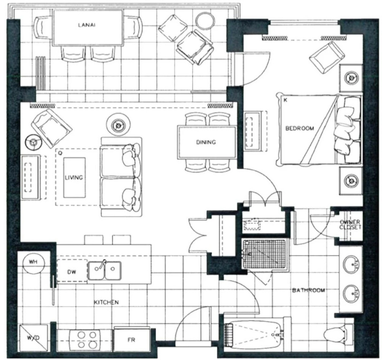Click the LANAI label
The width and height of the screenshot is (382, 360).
pos(87,25)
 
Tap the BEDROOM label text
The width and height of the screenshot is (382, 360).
pos(300,128)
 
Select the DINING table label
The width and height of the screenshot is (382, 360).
pos(206,142)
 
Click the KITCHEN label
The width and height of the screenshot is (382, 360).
pos(107,302)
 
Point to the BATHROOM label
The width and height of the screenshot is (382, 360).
pos(308,290)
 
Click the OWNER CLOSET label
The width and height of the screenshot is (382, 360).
pos(351,225)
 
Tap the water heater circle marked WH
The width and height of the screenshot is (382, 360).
pos(33,262)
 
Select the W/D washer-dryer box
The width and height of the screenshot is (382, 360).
pos(34,338)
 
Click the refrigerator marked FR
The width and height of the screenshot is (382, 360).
pos(132,340)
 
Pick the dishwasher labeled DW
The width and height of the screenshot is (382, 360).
pos(72,271)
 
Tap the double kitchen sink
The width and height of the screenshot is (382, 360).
pos(105,270)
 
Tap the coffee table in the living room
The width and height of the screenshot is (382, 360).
pos(75,178)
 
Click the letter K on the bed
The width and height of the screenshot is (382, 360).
pos(285,100)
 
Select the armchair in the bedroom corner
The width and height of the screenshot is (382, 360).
pos(327,58)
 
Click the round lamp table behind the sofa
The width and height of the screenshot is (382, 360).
pos(118,125)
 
